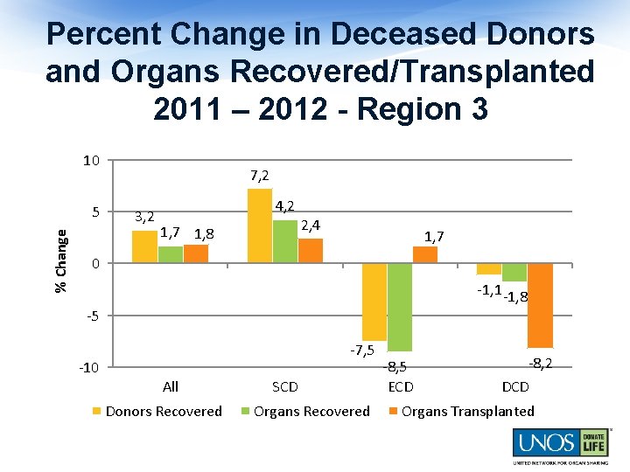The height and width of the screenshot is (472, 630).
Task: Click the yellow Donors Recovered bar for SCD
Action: [260, 226]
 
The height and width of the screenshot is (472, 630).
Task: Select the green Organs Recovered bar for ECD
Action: [400, 307]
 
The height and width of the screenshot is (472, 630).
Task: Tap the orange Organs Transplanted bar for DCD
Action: [540, 305]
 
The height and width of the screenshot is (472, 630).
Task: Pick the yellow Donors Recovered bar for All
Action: [144, 246]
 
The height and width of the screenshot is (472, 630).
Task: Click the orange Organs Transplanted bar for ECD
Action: [425, 254]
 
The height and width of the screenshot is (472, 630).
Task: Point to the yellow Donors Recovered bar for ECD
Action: [374, 302]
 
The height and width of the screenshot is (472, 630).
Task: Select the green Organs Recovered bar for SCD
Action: [285, 241]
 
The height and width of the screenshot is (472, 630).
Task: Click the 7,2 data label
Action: [259, 177]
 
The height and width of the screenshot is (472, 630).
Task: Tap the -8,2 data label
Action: [539, 363]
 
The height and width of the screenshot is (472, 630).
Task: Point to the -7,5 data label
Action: [362, 351]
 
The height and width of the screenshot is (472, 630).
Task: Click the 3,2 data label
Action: [143, 217]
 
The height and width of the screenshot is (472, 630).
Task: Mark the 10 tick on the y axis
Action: [91, 161]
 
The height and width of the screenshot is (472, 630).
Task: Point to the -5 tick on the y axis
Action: [92, 316]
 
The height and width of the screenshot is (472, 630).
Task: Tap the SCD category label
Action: [284, 386]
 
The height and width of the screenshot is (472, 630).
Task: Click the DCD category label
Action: [515, 386]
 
